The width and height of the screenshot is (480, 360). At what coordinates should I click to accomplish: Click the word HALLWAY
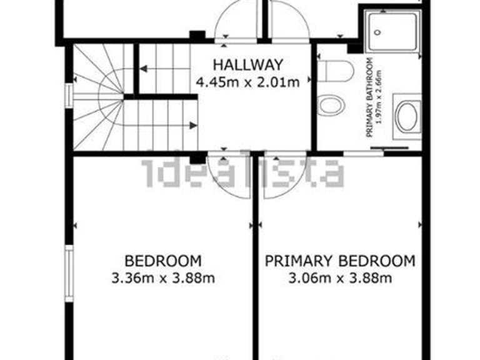pyautogui.click(x=248, y=64)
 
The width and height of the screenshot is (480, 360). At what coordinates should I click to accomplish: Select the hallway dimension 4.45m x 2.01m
pyautogui.click(x=248, y=81)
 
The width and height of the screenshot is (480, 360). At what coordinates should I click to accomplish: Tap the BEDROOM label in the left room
pyautogui.click(x=163, y=261)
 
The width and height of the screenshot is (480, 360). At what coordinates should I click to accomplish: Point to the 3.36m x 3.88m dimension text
pyautogui.click(x=163, y=278)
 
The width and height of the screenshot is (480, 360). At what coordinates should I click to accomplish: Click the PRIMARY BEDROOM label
pyautogui.click(x=340, y=261)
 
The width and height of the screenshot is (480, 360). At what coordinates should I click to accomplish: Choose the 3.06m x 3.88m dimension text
pyautogui.click(x=340, y=278)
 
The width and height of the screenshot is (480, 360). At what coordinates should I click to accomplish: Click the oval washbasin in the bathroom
pyautogui.click(x=406, y=117)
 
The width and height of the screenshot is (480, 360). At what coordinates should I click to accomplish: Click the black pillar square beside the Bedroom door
pyautogui.click(x=197, y=158)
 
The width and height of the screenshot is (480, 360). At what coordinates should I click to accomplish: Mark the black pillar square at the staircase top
pyautogui.click(x=197, y=36)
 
